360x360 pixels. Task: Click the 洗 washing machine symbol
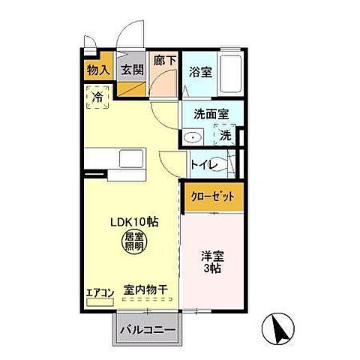coord(225,135)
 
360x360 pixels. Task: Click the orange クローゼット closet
coord(214,197)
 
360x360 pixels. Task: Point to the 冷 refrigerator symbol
coord(97,95)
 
